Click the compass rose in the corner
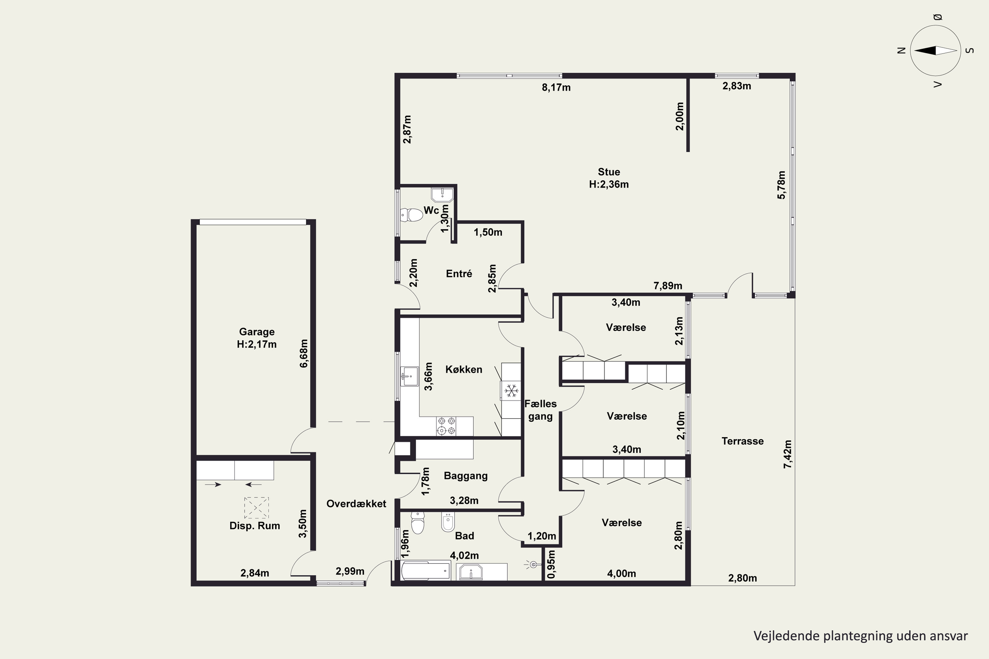[x=936, y=50]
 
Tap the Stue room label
[x=609, y=172]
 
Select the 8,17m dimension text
[x=556, y=87]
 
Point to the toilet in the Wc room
[x=412, y=215]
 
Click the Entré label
[x=459, y=273]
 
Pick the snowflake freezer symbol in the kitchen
[x=511, y=391]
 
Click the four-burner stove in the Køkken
[x=446, y=426]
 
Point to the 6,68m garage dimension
[x=304, y=354]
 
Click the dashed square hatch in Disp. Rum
[x=256, y=508]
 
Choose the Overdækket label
[x=356, y=503]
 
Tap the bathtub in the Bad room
[x=426, y=571]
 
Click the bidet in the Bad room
[x=447, y=522]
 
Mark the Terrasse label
[x=743, y=441]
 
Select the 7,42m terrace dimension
[x=788, y=454]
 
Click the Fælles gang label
[x=540, y=410]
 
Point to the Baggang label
[x=465, y=476]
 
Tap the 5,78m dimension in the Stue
[x=781, y=185]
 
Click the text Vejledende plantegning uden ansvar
[x=861, y=636]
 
